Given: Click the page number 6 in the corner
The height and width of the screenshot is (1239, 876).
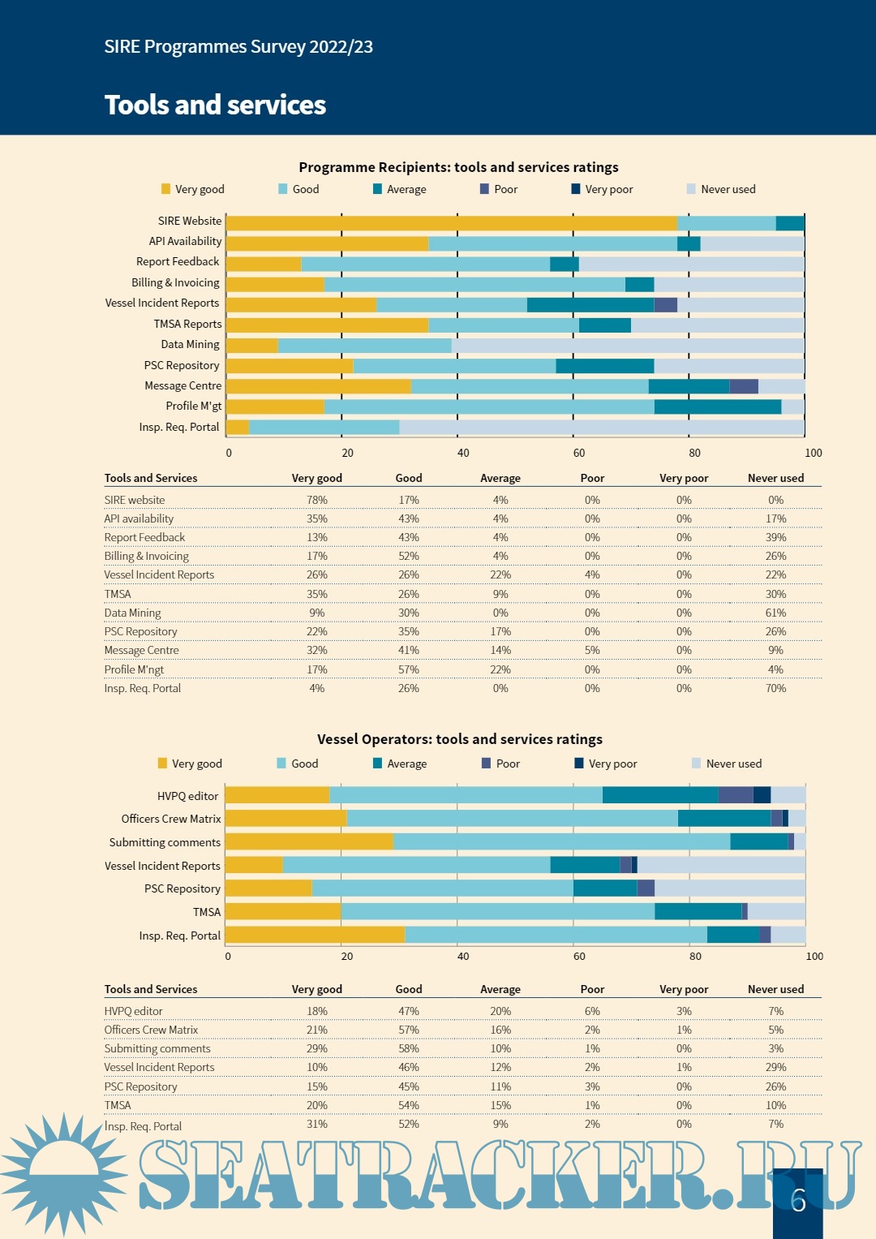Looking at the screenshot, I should point(798,1200).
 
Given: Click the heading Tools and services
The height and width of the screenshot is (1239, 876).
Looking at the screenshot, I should point(215,105).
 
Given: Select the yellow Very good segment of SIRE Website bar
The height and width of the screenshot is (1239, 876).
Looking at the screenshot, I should point(451,223).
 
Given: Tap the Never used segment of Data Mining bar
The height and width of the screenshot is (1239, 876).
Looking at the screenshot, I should point(628,346).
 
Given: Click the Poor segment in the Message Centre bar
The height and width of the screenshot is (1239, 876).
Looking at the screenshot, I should point(744,386).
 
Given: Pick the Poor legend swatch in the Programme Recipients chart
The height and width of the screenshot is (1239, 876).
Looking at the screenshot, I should point(485,189).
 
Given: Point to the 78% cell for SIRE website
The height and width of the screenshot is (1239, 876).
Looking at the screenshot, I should point(317,500).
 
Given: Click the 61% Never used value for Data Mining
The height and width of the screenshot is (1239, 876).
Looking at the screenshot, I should point(775,613).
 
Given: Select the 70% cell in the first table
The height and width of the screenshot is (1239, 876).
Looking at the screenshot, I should point(775,688).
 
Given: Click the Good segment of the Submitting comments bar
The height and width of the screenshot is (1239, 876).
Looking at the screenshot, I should point(561,841).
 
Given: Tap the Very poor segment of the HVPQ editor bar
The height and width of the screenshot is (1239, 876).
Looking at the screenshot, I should point(762,795).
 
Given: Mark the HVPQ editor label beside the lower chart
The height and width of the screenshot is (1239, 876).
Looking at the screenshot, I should point(187,796).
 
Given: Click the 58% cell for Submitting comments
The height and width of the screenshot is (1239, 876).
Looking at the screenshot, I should point(409,1048).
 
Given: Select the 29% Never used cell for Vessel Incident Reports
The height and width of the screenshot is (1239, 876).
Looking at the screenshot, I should point(775,1067).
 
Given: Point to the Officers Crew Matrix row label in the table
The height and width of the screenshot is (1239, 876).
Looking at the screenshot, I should point(151,1030).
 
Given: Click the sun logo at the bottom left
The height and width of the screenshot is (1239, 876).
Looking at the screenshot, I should point(63,1173).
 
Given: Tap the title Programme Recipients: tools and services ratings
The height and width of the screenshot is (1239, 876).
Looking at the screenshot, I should point(458,167).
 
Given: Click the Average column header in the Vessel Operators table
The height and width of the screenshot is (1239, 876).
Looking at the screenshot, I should point(500,989).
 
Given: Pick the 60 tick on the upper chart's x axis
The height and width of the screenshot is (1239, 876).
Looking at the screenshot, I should point(579,453).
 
